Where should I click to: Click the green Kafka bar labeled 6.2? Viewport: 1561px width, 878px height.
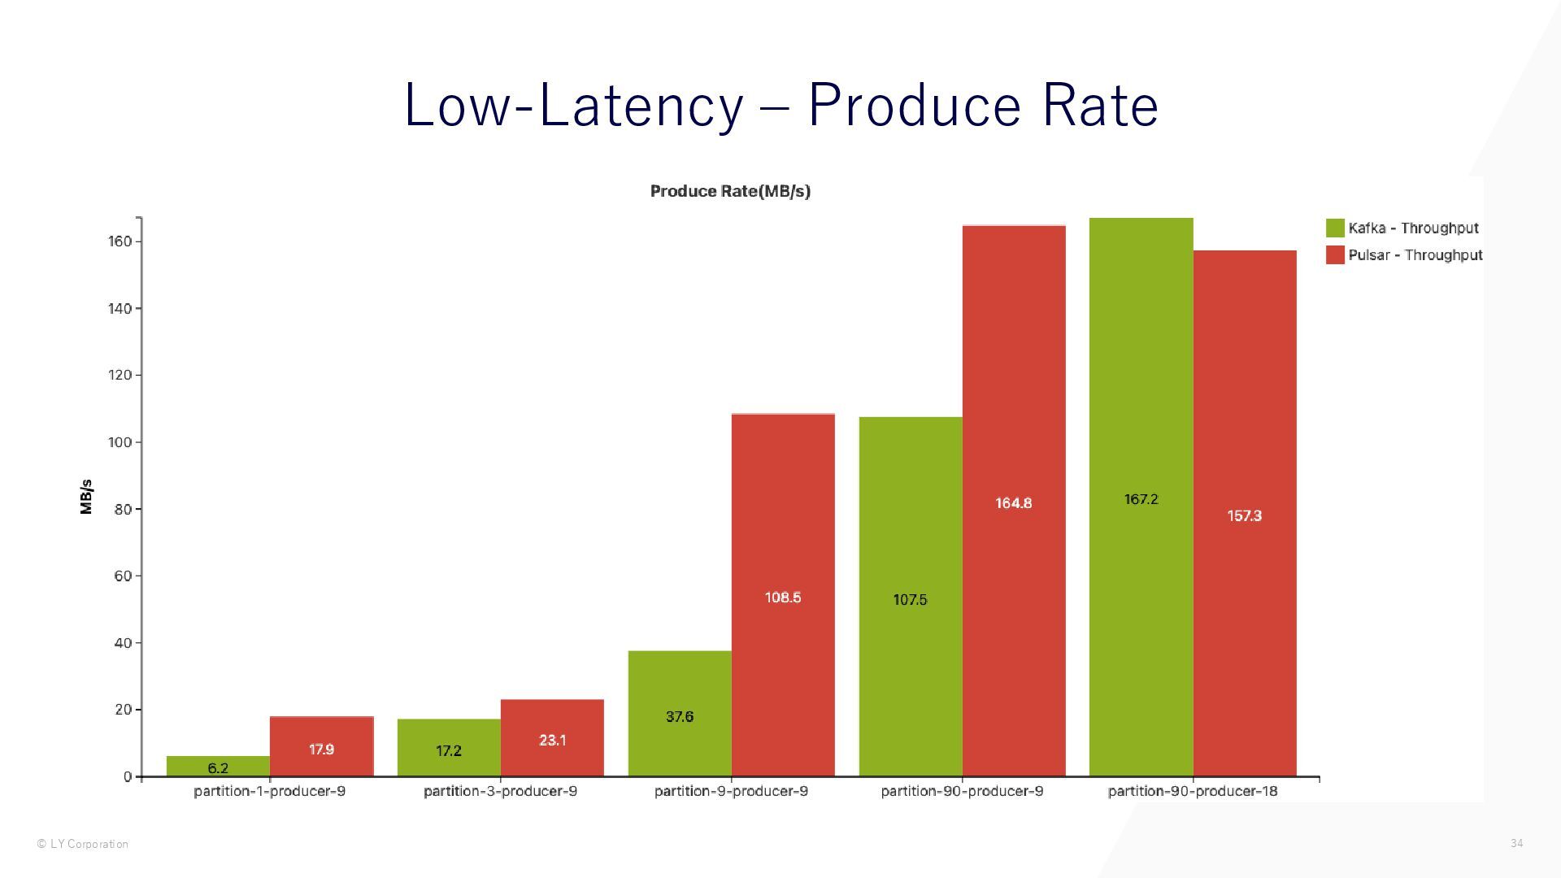coord(218,766)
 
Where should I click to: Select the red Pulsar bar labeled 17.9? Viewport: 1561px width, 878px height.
coord(321,746)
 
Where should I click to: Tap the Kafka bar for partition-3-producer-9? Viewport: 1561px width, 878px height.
coord(449,747)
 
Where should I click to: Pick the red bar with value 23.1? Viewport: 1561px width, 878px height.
coord(552,737)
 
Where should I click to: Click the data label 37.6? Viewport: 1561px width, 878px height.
coord(680,716)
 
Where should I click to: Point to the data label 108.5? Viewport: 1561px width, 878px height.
coord(783,598)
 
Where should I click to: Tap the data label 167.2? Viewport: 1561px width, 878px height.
coord(1141,499)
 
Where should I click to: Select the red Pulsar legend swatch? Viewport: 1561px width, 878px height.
coord(1335,255)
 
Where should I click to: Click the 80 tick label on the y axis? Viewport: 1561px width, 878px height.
coord(123,509)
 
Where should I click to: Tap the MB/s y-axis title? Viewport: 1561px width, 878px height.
coord(86,497)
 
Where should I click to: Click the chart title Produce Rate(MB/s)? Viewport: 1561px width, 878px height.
coord(730,191)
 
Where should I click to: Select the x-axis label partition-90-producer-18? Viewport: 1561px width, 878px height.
coord(1193,791)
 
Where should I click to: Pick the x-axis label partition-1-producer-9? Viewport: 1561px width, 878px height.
coord(269,791)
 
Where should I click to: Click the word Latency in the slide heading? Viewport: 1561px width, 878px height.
coord(641,106)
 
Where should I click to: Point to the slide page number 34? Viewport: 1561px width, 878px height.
coord(1516,843)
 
